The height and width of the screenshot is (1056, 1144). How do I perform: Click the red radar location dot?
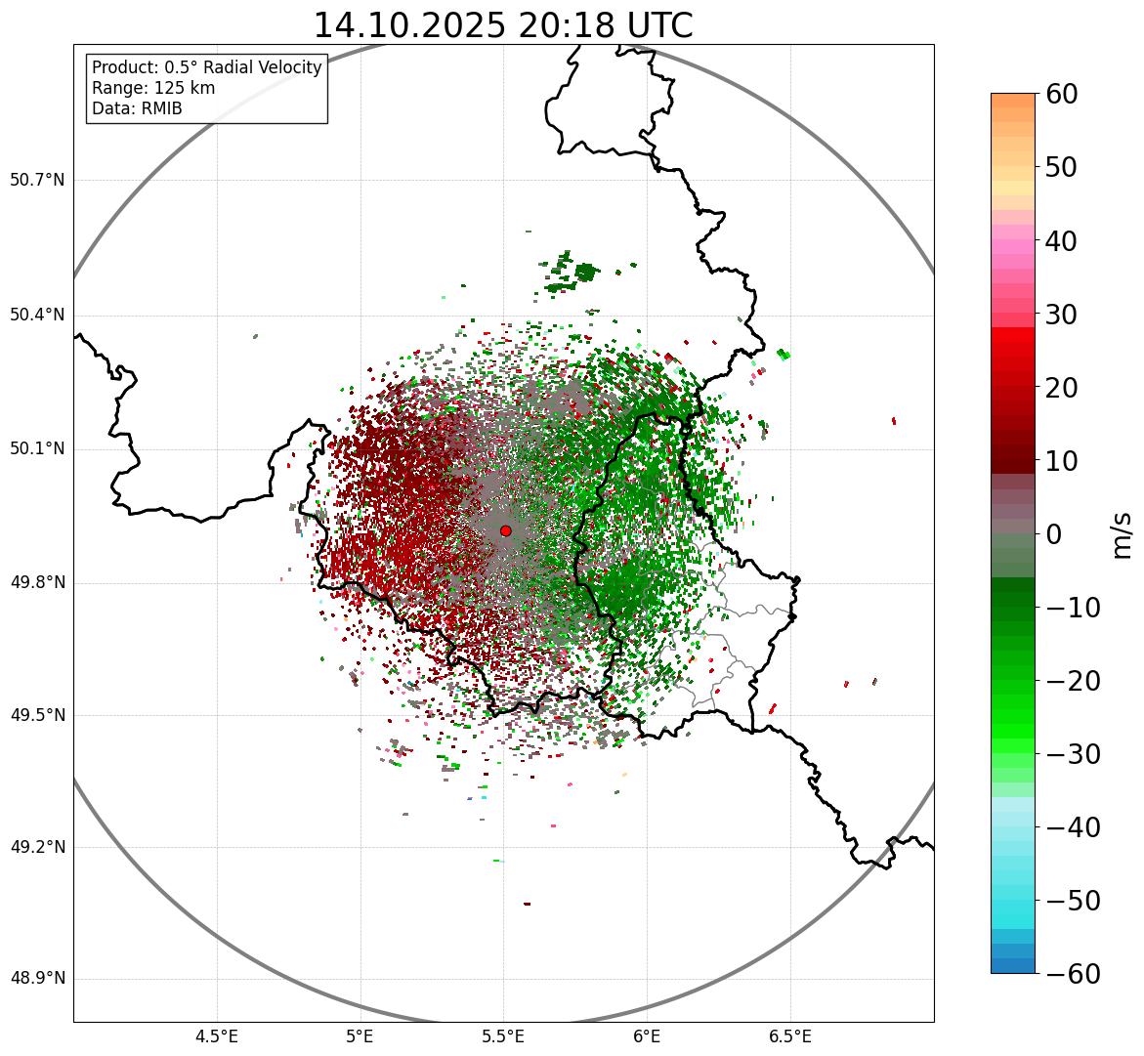tap(505, 530)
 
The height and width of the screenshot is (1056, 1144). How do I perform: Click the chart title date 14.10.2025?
tap(409, 25)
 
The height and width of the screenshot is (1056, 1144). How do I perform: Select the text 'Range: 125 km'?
tap(153, 88)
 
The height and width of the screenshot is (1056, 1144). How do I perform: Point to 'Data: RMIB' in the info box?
tap(137, 108)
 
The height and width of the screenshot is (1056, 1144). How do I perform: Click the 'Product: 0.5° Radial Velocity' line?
tap(206, 67)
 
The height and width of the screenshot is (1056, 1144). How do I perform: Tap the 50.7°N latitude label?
tap(37, 181)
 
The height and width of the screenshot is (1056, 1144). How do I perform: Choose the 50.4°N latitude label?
tap(37, 316)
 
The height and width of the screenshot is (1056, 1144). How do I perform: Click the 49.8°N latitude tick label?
tap(37, 583)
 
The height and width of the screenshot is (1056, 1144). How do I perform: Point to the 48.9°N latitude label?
tap(37, 979)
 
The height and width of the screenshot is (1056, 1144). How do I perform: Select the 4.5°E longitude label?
tap(217, 1036)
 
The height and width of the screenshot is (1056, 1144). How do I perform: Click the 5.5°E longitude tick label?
tap(503, 1036)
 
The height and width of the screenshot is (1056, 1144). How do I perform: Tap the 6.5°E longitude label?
tap(789, 1036)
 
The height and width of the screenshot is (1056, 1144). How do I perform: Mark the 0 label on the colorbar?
tap(1054, 534)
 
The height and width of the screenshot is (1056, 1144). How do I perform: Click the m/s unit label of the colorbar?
tap(1122, 534)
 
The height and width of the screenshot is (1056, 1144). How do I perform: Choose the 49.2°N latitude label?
tap(37, 847)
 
